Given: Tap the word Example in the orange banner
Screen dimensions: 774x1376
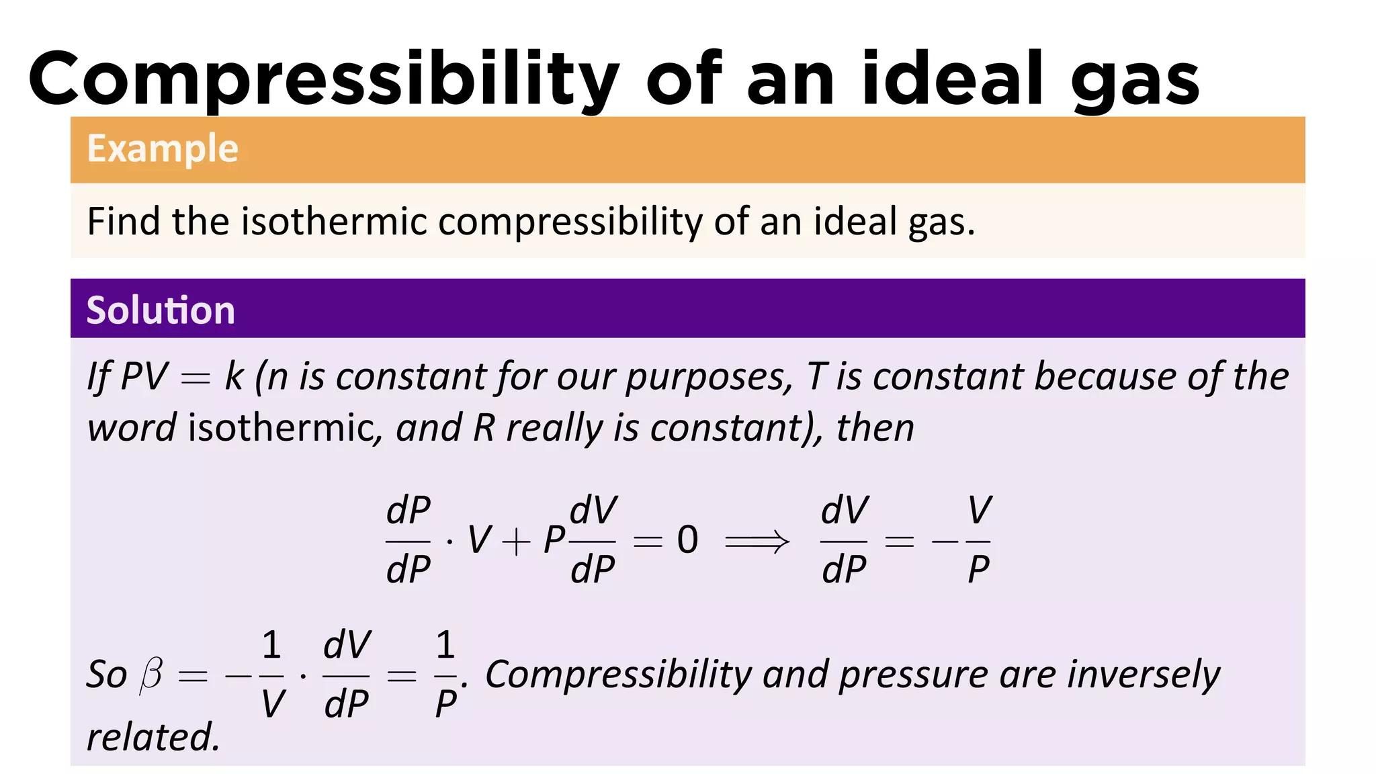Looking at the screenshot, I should click(163, 148).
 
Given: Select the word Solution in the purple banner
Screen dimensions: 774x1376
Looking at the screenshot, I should click(161, 310).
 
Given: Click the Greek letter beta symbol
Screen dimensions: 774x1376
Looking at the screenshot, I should click(151, 674).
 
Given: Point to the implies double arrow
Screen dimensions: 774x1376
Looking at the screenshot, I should click(757, 541).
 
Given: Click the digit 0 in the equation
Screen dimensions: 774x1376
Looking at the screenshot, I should click(687, 540).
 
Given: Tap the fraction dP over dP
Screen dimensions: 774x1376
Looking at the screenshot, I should click(408, 540).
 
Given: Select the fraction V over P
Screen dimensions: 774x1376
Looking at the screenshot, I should click(979, 540).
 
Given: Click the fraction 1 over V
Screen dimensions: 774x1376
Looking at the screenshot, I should click(271, 675).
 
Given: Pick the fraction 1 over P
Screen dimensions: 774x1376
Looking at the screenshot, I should click(445, 675).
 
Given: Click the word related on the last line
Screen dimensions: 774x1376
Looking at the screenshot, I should click(153, 737).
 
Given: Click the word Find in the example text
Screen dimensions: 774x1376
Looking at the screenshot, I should click(125, 222).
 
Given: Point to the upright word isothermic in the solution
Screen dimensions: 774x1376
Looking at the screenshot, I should click(285, 428).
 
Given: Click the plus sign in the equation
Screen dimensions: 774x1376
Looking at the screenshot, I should click(515, 542).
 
